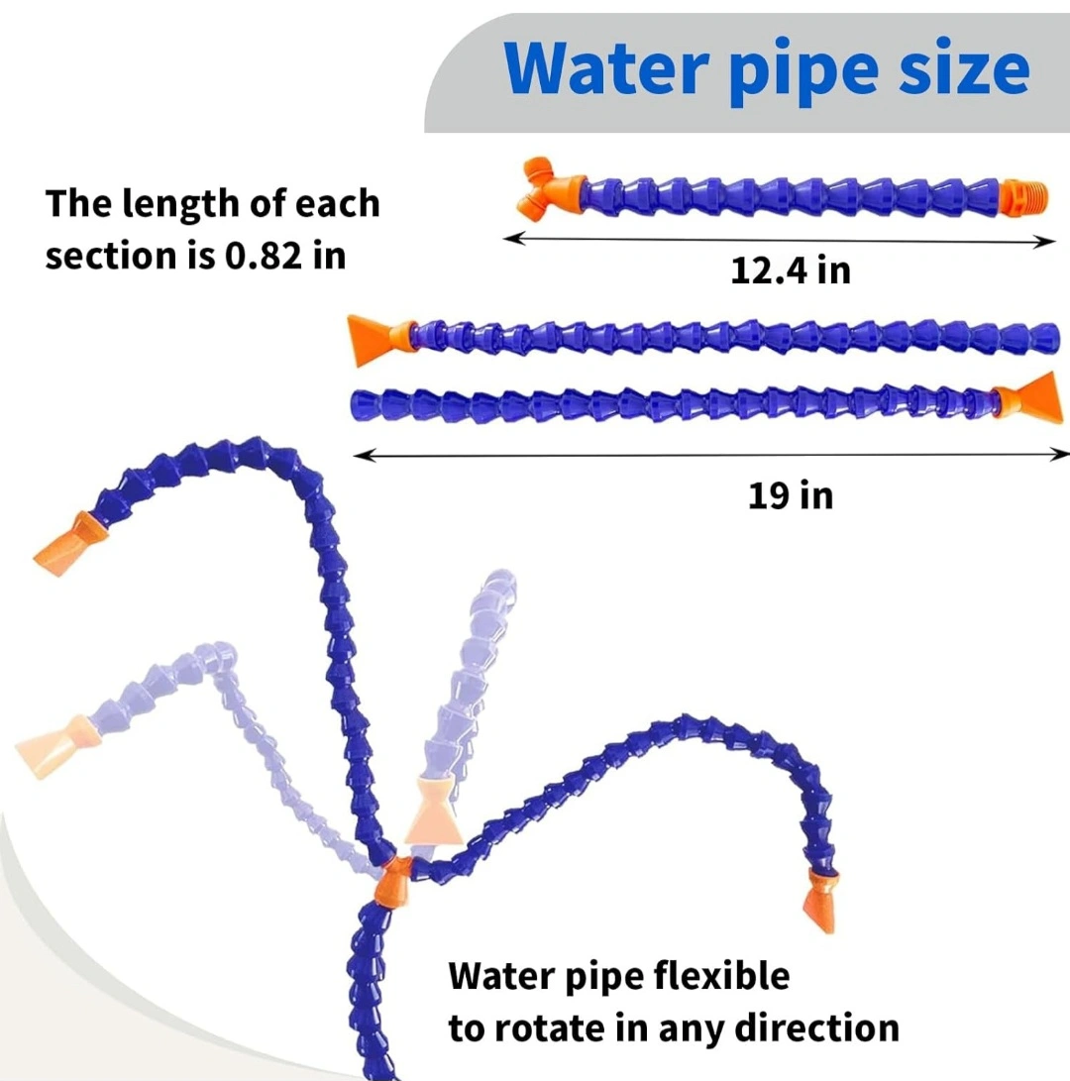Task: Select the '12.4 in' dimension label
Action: pos(791,270)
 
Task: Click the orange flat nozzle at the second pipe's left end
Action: pos(376,340)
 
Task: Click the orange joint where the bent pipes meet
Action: pos(394,880)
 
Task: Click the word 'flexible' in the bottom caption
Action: pos(722,976)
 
